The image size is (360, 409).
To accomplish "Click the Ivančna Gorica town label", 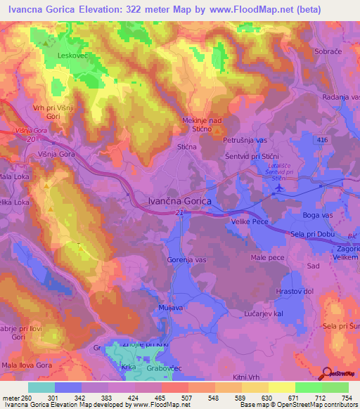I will tap(179, 200).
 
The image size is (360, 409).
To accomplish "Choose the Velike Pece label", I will tap(250, 221).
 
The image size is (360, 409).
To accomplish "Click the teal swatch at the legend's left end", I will tap(41, 387).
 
